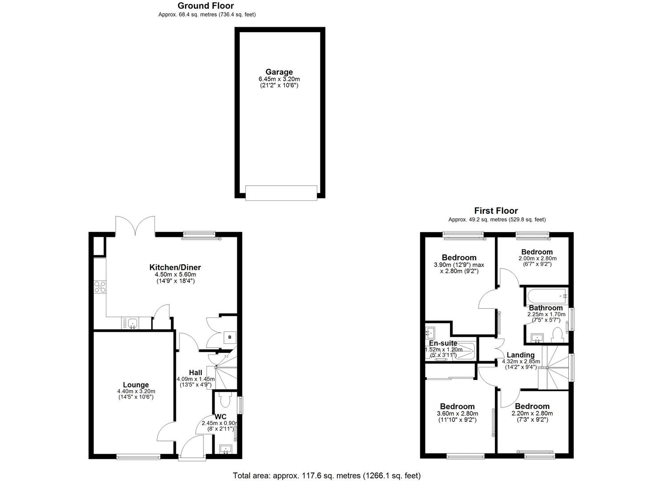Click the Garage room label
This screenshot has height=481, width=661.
[x=279, y=72]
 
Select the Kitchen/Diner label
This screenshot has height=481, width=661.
[x=175, y=267]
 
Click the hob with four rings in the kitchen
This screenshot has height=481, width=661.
[x=100, y=287]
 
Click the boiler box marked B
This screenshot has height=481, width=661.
[x=230, y=337]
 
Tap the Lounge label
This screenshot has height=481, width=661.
[x=136, y=385]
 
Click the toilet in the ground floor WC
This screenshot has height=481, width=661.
[x=225, y=400]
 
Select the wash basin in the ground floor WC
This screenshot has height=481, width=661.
[x=225, y=449]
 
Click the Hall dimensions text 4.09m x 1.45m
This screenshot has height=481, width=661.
[x=195, y=379]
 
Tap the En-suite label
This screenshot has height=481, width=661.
[x=443, y=343]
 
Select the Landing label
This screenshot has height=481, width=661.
[x=520, y=355]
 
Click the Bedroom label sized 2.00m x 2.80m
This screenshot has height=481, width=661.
[x=537, y=252]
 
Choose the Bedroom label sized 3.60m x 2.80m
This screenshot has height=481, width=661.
[x=457, y=406]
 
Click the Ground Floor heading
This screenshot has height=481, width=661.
[x=206, y=6]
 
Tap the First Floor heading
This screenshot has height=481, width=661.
[x=496, y=211]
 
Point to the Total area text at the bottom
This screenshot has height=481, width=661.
[x=327, y=475]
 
